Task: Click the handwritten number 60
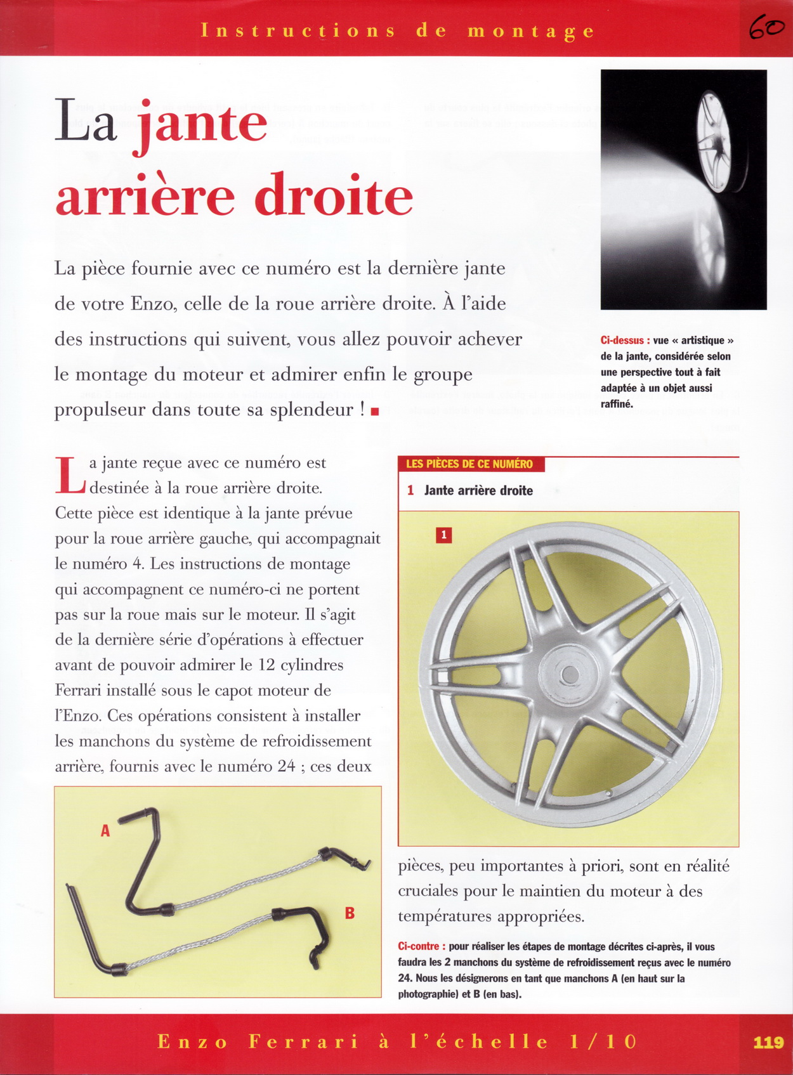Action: coord(766,28)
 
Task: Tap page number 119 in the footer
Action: coord(768,1042)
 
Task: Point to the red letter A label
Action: coord(105,830)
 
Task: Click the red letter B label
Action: coord(350,913)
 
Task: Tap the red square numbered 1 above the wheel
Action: coord(443,535)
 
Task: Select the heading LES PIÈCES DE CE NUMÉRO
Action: coord(469,464)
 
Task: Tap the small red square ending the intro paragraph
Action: coord(375,412)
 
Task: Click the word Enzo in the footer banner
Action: coord(192,1042)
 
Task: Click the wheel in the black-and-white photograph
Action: coord(714,141)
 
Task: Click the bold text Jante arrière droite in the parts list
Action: coord(478,490)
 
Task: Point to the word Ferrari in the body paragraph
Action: coord(82,690)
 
